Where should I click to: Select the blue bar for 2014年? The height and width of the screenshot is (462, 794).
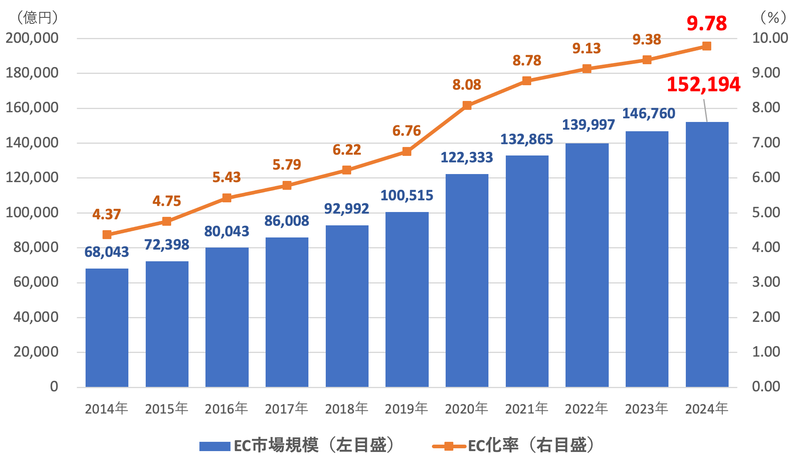tap(107, 327)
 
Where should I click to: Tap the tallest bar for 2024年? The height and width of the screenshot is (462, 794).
tap(707, 254)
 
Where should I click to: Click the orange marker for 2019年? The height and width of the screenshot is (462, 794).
tap(406, 151)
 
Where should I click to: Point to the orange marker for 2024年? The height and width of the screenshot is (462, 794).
tap(706, 46)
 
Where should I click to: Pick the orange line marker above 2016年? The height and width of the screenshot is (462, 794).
tap(226, 198)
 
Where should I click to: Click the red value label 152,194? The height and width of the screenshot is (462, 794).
tap(703, 85)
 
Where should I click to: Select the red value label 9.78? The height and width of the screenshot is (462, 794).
tap(706, 23)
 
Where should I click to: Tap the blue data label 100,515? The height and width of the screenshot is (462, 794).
tap(406, 195)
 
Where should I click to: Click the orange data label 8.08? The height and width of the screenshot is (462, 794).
tap(467, 85)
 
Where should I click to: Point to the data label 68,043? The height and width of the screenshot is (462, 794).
tap(107, 252)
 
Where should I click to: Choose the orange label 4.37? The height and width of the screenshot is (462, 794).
tap(107, 214)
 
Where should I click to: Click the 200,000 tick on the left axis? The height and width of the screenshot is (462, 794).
tap(32, 38)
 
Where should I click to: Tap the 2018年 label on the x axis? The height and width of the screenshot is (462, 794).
tap(346, 409)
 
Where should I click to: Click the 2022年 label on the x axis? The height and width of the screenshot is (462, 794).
tap(586, 409)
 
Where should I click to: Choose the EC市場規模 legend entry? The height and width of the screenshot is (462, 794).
tap(297, 445)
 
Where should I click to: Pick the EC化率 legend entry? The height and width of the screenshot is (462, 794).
tap(513, 445)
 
